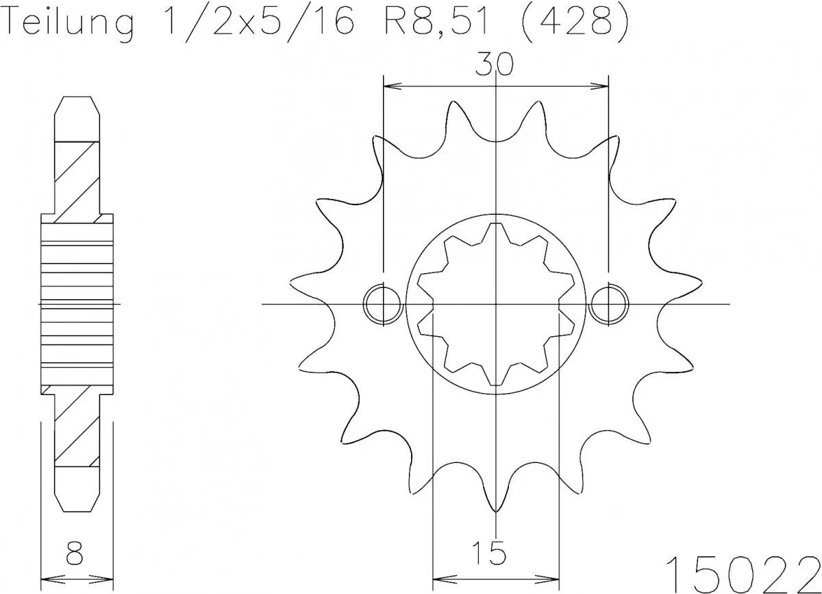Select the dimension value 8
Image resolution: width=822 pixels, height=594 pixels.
point(75,551)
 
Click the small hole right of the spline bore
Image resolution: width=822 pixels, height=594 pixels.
point(609,304)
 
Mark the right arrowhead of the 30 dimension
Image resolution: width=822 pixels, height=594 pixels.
point(603,87)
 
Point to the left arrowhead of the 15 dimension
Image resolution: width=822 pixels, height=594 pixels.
point(438,576)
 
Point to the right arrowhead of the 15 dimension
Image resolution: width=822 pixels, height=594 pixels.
point(554,576)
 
